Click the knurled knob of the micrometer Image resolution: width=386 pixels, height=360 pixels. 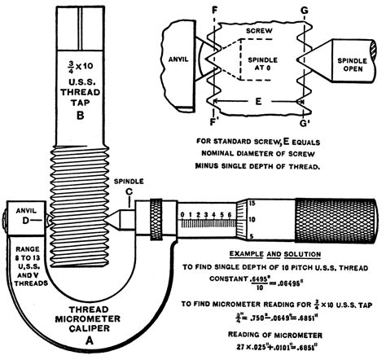[335, 219]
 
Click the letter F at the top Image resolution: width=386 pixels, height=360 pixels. [213, 9]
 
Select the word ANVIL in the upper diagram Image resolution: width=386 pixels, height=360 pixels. [174, 58]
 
